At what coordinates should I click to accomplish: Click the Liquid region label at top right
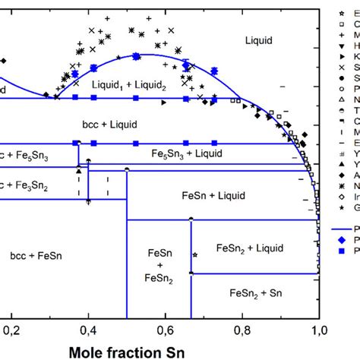(257, 39)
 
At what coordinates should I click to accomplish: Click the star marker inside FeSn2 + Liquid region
(195, 255)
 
